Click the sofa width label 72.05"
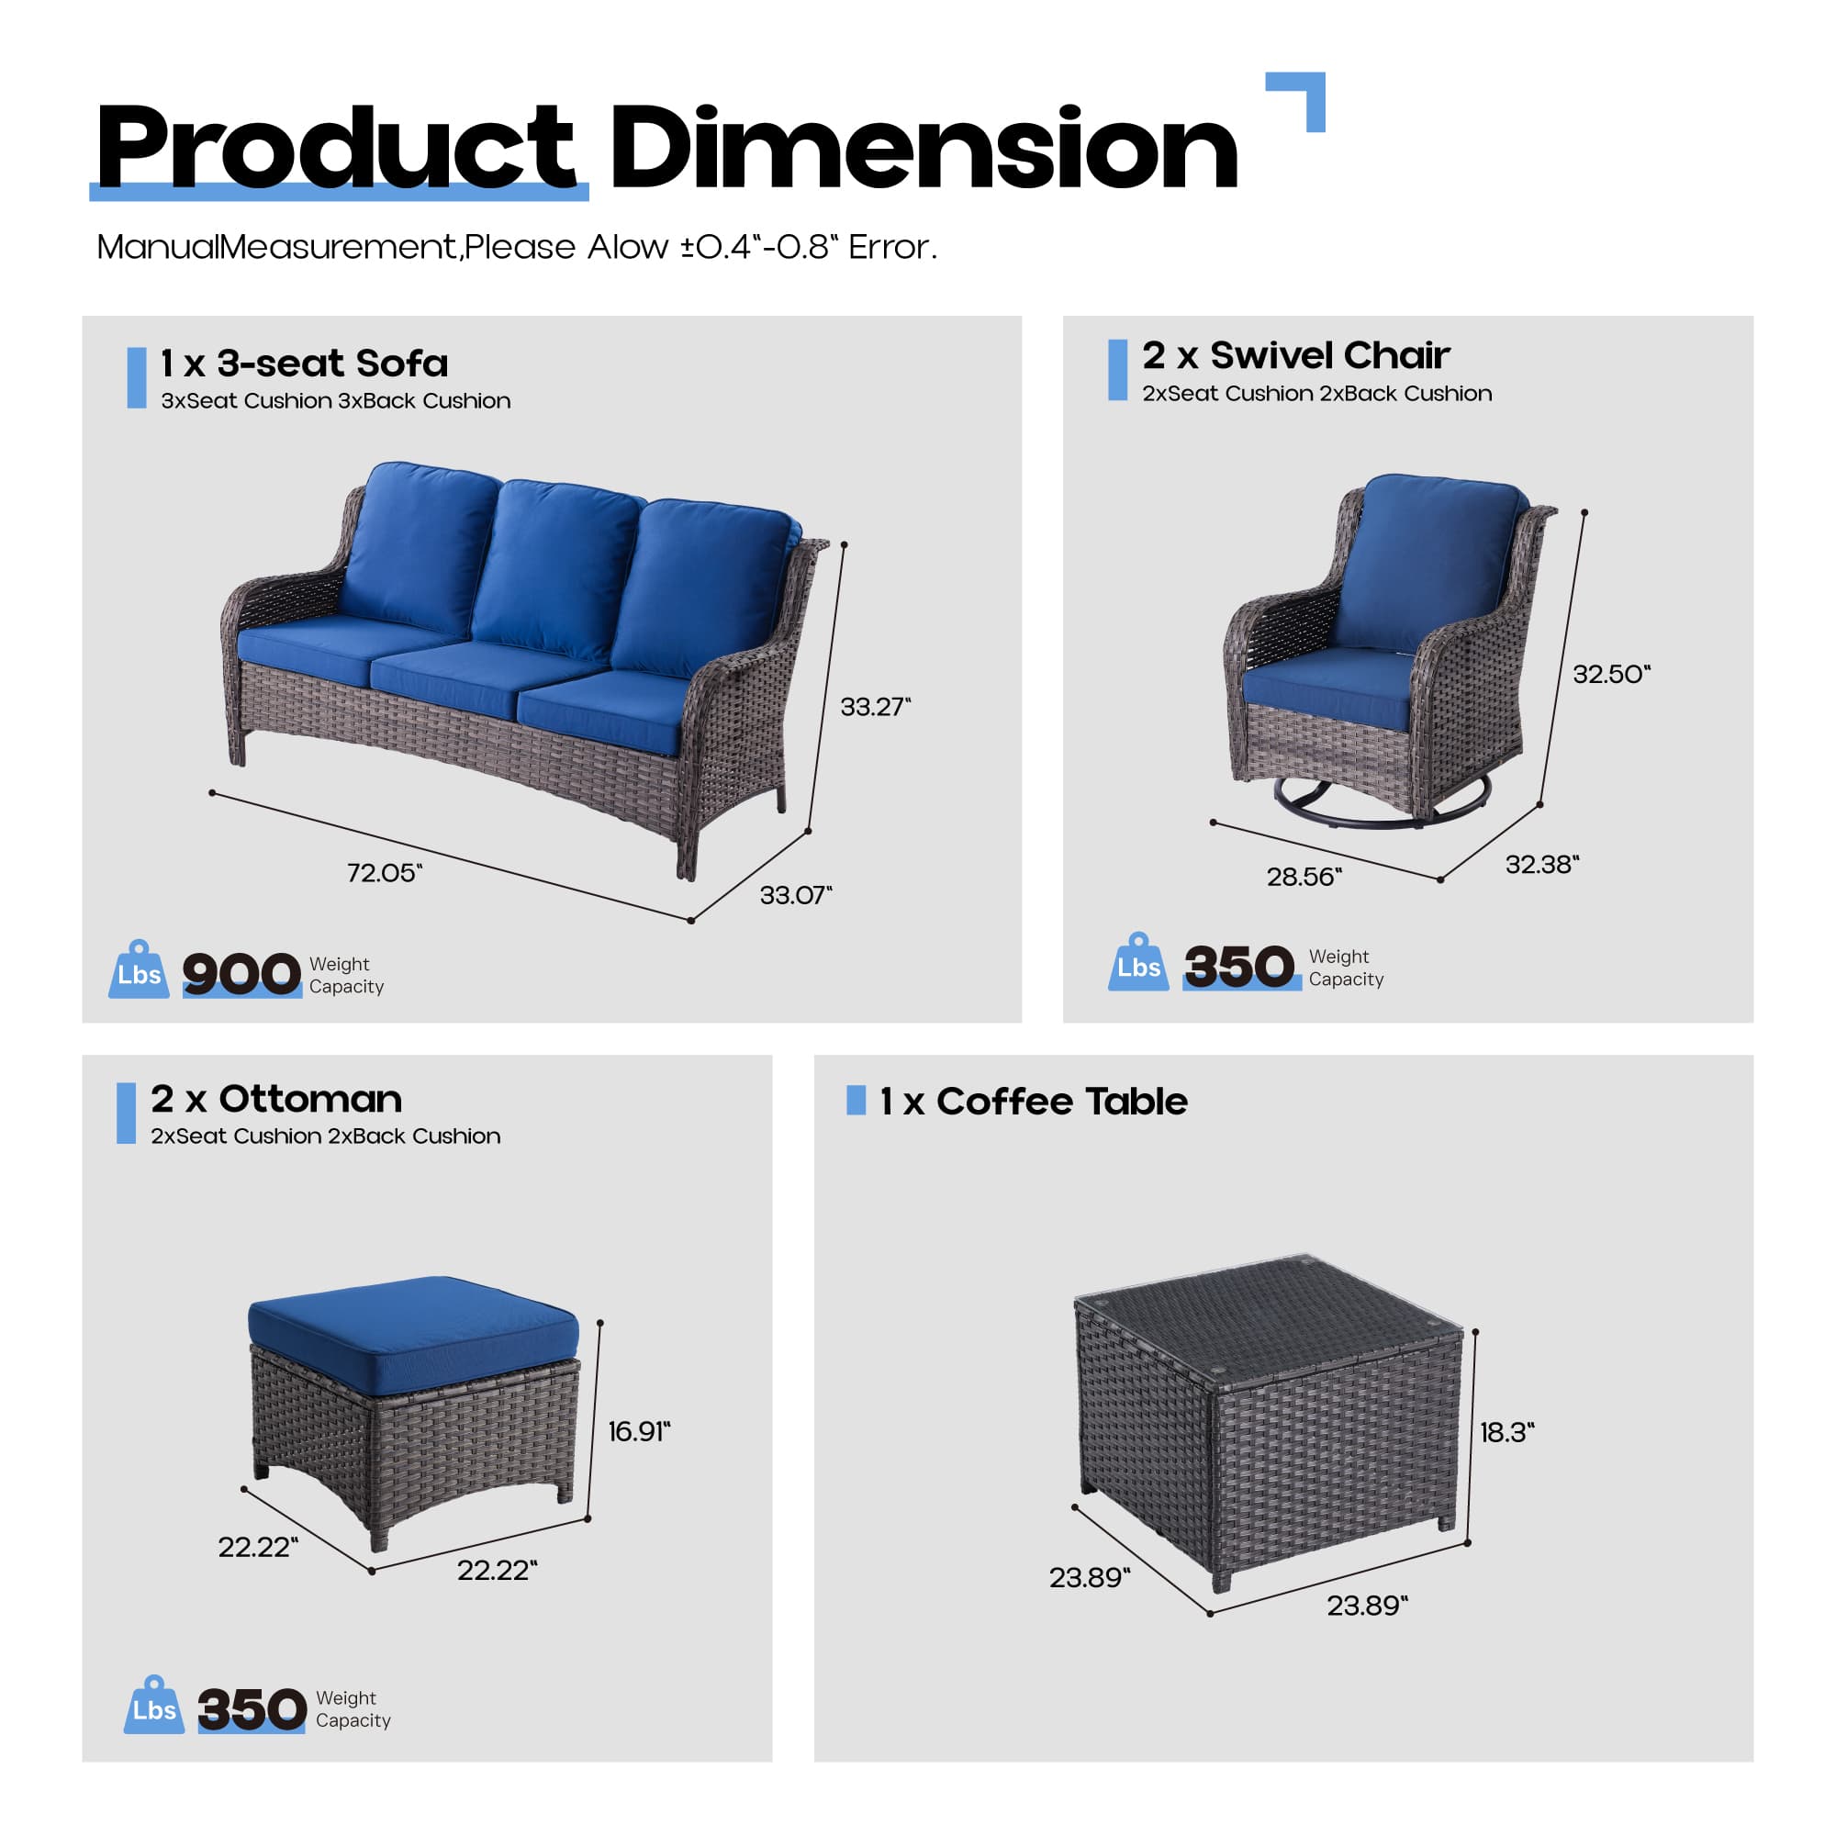[x=384, y=872]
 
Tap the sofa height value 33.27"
[x=874, y=706]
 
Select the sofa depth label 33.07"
[x=794, y=894]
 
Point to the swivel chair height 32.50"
[x=1611, y=674]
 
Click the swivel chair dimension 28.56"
[x=1303, y=876]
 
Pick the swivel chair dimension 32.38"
[x=1541, y=864]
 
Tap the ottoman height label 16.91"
[x=639, y=1431]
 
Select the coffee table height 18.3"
[x=1506, y=1432]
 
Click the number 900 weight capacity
[x=241, y=974]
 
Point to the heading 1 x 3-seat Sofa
[x=304, y=363]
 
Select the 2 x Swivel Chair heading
[x=1295, y=355]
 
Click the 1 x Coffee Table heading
[x=1033, y=1102]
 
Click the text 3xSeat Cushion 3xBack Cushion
[x=335, y=401]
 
